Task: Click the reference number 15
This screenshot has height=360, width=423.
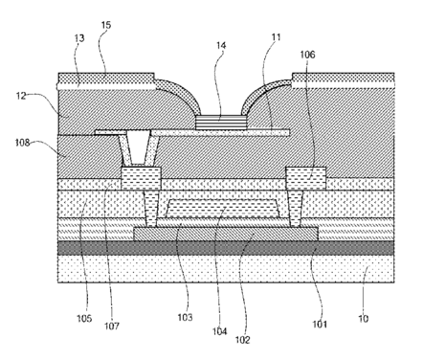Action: click(x=106, y=25)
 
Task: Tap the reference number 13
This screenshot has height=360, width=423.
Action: click(x=79, y=38)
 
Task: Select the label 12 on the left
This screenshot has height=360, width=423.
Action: click(x=21, y=96)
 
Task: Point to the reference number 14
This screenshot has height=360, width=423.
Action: click(x=221, y=46)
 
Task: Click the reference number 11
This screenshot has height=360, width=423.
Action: click(x=277, y=37)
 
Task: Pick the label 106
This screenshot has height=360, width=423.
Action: click(x=307, y=55)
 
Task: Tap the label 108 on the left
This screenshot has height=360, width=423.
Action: click(x=22, y=143)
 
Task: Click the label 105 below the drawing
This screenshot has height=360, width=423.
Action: click(x=84, y=318)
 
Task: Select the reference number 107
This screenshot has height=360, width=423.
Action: click(x=112, y=326)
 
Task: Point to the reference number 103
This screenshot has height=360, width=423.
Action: click(x=185, y=318)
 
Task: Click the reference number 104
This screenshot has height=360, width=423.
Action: click(x=220, y=331)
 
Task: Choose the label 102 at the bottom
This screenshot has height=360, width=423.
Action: click(x=243, y=340)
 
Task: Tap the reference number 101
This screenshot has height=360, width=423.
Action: click(x=320, y=325)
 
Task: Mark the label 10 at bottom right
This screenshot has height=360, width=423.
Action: click(x=364, y=319)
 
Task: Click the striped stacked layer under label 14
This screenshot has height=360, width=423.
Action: click(x=221, y=123)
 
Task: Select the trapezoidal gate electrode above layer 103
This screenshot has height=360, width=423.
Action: click(x=223, y=208)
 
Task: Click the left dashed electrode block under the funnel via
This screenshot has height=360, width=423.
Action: click(x=141, y=178)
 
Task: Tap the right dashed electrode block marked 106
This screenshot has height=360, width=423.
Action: click(x=306, y=178)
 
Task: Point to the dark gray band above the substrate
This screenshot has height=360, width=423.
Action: click(x=226, y=248)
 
